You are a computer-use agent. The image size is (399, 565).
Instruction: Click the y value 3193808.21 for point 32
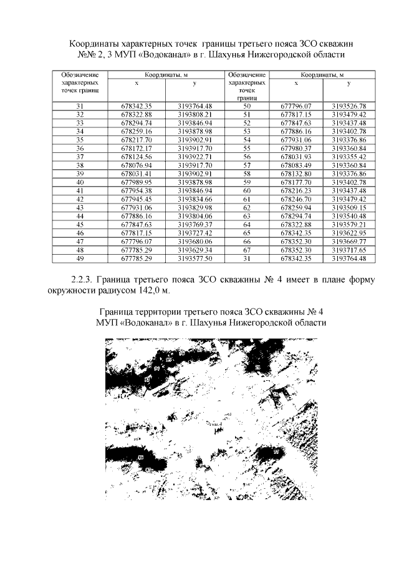(195, 115)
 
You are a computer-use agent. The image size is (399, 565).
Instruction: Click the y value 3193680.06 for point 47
(195, 240)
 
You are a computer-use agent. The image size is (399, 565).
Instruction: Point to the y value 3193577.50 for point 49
(195, 257)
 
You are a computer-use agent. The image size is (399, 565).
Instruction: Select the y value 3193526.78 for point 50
(349, 107)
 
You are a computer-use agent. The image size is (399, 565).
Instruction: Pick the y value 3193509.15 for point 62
(349, 207)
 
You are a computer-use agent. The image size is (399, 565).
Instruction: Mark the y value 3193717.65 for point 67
(349, 249)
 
